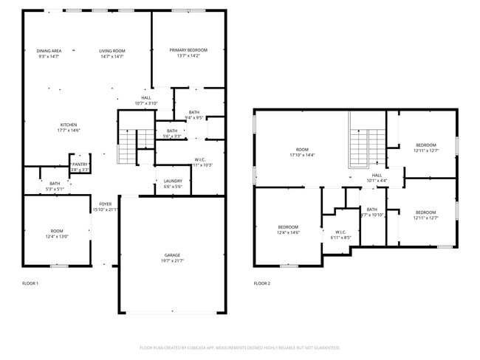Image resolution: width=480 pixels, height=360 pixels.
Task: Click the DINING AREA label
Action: coord(49,51)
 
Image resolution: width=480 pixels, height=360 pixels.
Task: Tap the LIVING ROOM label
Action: coord(112,51)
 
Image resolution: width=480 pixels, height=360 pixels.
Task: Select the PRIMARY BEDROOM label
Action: coord(188,50)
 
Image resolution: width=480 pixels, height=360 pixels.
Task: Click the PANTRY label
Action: coord(80,165)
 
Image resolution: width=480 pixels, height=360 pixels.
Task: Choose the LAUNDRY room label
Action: coord(173,181)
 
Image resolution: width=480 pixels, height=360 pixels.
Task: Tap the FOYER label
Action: coord(106,204)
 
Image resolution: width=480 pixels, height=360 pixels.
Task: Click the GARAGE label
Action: coord(173,255)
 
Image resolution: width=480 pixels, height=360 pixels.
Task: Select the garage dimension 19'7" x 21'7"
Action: coord(173,260)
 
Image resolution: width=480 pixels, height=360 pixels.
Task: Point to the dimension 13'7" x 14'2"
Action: coord(188,55)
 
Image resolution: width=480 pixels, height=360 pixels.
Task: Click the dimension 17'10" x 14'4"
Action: coord(302,156)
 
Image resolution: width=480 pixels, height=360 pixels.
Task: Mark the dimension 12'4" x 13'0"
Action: coord(57,236)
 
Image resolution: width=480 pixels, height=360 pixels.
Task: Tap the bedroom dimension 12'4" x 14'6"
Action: coord(288,232)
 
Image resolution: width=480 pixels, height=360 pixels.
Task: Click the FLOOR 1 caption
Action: coord(30,283)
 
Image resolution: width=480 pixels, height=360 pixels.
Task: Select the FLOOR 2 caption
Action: coord(262,283)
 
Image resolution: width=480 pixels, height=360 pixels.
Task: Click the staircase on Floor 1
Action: coord(128,145)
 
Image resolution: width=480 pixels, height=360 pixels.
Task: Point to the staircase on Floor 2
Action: coord(368,140)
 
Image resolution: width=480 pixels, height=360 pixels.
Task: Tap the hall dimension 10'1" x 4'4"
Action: coord(377,181)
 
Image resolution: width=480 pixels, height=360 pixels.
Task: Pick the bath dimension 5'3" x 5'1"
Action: coord(55,189)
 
